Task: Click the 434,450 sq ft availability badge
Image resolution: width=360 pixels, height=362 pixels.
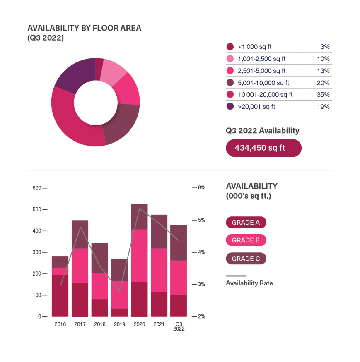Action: tap(263, 148)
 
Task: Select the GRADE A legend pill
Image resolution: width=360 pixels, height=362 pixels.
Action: tap(246, 223)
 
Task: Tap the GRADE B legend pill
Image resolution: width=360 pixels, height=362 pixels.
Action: tap(246, 240)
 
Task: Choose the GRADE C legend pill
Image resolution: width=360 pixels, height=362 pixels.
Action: tap(246, 259)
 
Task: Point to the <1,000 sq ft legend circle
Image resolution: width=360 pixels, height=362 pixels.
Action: tap(230, 47)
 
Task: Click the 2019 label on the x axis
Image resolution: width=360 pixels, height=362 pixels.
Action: tap(119, 325)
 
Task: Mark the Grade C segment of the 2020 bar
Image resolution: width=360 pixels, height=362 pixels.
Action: tap(139, 216)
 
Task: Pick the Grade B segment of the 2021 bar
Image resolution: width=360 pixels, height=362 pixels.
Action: tap(159, 270)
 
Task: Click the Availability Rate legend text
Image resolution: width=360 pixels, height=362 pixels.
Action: tap(249, 283)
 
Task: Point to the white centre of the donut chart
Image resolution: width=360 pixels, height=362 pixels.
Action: tap(95, 103)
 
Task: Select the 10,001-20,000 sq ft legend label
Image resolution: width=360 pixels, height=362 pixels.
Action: tap(265, 95)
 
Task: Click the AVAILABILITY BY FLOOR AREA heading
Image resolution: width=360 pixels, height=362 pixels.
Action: tap(84, 29)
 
